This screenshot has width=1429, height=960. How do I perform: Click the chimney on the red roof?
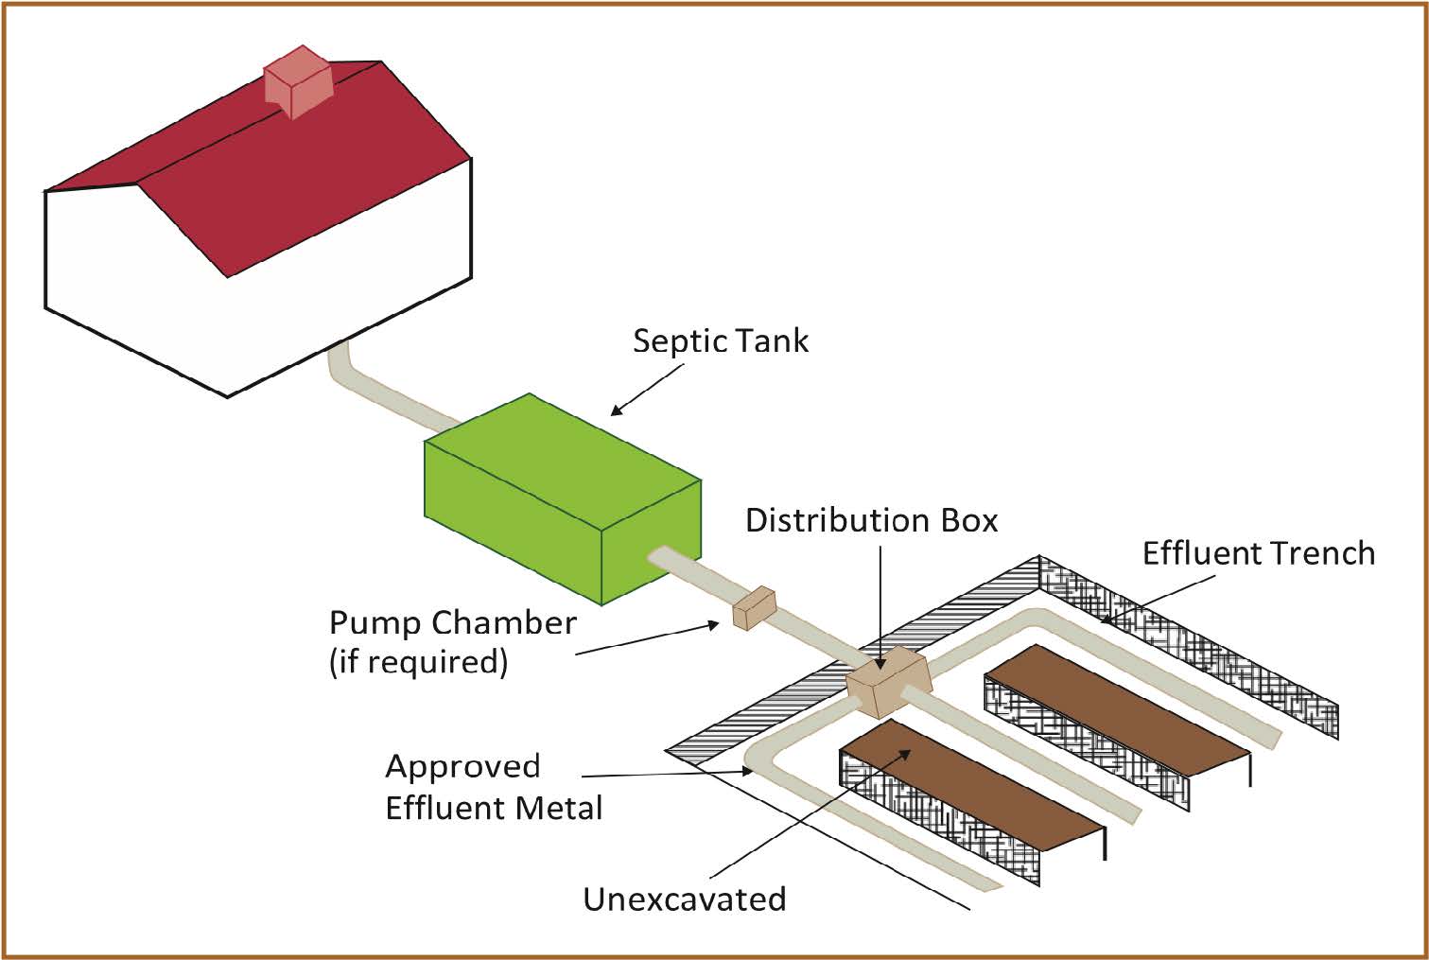point(298,81)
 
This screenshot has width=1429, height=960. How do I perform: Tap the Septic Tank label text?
point(721,340)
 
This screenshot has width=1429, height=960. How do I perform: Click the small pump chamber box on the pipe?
point(754,608)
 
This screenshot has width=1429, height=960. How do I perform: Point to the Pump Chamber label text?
point(452,623)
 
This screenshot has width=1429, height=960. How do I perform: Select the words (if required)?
point(418,661)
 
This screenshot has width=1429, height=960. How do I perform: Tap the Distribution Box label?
point(871,520)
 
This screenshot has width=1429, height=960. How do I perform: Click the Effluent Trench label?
point(1258,553)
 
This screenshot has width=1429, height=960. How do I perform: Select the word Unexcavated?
point(684,899)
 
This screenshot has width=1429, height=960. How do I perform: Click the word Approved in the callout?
point(462,766)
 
